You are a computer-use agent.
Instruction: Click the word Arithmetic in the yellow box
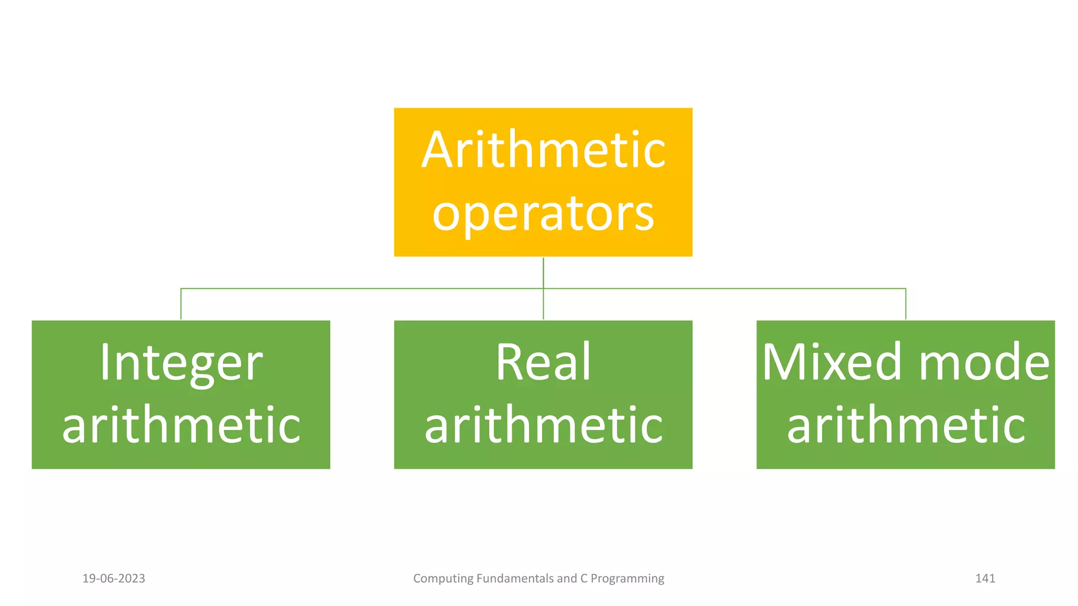(543, 150)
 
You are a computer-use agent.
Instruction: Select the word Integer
(181, 363)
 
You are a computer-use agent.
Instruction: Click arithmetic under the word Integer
(181, 425)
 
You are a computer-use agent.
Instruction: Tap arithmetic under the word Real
(543, 425)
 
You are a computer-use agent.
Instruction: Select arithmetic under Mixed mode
(906, 425)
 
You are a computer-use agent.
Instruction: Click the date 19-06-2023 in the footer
(114, 579)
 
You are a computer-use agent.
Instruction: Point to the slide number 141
(985, 579)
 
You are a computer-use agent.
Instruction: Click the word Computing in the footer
(443, 579)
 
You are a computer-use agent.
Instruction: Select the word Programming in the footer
(627, 579)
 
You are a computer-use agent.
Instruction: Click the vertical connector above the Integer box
(181, 304)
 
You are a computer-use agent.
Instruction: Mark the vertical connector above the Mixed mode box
(906, 304)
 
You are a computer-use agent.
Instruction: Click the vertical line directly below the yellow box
(543, 272)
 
